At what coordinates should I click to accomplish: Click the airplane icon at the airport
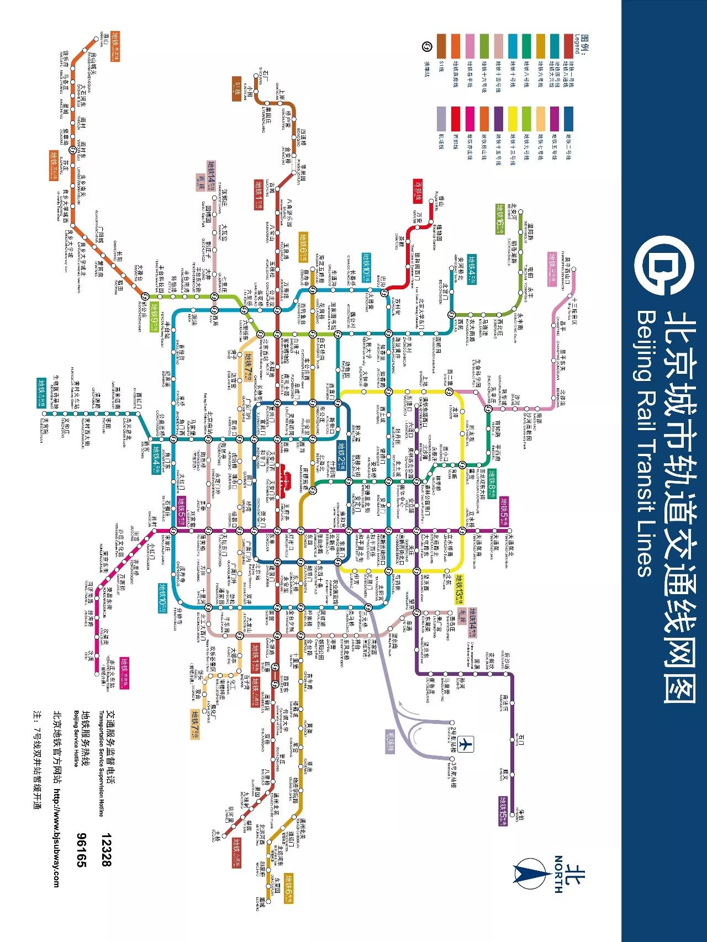[x=465, y=743]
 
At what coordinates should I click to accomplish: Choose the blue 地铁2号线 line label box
[x=343, y=454]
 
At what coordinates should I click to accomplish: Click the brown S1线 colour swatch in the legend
[x=441, y=46]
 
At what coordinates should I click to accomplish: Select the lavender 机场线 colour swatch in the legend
[x=441, y=119]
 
